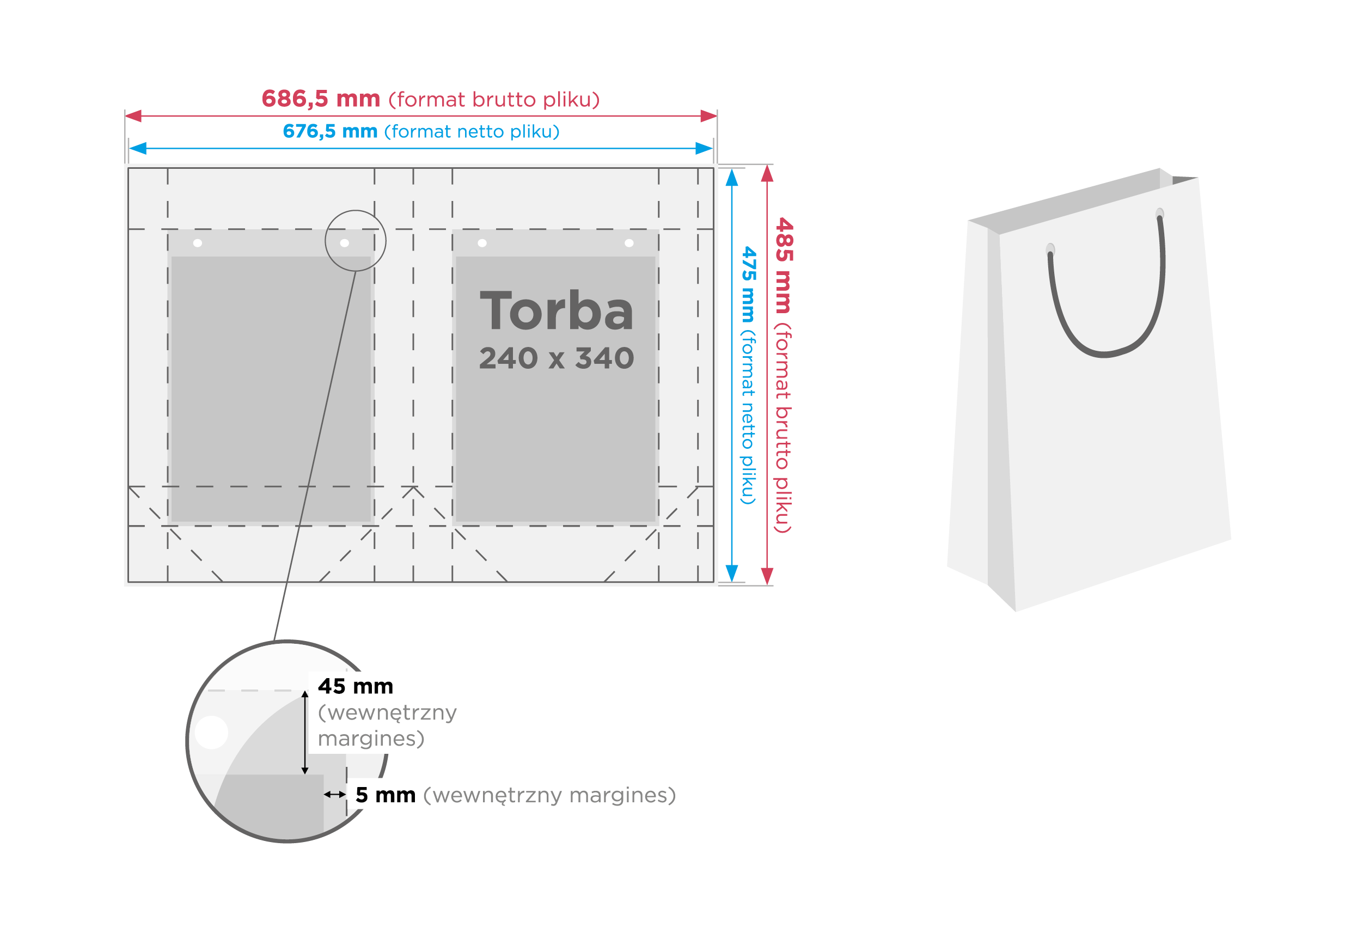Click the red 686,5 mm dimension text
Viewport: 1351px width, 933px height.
(x=320, y=99)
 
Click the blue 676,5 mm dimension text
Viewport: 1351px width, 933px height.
(x=330, y=131)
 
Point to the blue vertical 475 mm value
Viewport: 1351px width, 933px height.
(x=749, y=284)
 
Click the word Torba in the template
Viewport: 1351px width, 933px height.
(x=557, y=311)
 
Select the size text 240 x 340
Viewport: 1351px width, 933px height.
(x=557, y=358)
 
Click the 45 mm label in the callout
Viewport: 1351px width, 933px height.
(x=355, y=686)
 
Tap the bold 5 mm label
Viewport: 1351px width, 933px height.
(x=385, y=795)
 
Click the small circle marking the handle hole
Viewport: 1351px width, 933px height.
(x=355, y=241)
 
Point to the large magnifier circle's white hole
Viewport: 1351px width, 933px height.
(x=211, y=732)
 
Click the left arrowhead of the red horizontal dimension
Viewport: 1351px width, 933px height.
(x=134, y=116)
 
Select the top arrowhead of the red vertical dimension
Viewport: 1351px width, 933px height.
(x=767, y=174)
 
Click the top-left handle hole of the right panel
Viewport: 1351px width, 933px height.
(x=482, y=243)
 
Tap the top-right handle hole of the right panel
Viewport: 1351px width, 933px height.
(x=629, y=243)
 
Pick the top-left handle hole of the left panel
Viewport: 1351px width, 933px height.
(x=198, y=243)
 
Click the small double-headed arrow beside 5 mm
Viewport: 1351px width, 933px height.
(x=335, y=794)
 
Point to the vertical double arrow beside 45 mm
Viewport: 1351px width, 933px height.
(x=304, y=732)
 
